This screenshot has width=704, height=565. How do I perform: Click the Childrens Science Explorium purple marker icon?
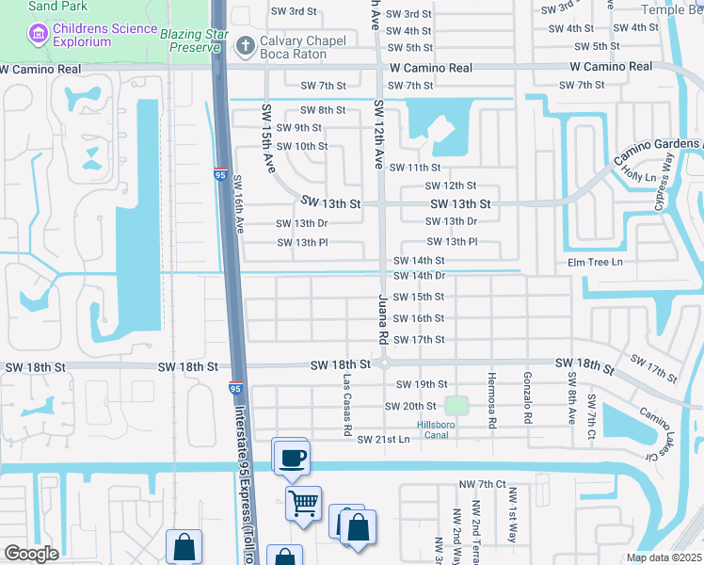39,35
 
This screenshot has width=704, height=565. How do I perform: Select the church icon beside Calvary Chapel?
246,44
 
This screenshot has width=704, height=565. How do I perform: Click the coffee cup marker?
290,458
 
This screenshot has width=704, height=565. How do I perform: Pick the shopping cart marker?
303,504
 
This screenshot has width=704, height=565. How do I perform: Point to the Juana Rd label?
383,317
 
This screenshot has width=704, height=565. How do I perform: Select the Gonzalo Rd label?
528,395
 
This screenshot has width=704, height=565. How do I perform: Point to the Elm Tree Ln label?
594,262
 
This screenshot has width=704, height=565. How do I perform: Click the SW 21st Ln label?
383,440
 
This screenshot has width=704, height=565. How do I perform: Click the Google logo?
32,554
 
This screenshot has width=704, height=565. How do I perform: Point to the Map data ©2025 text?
664,557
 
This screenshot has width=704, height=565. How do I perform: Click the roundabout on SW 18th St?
384,363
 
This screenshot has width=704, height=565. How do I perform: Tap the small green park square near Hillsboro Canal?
456,406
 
